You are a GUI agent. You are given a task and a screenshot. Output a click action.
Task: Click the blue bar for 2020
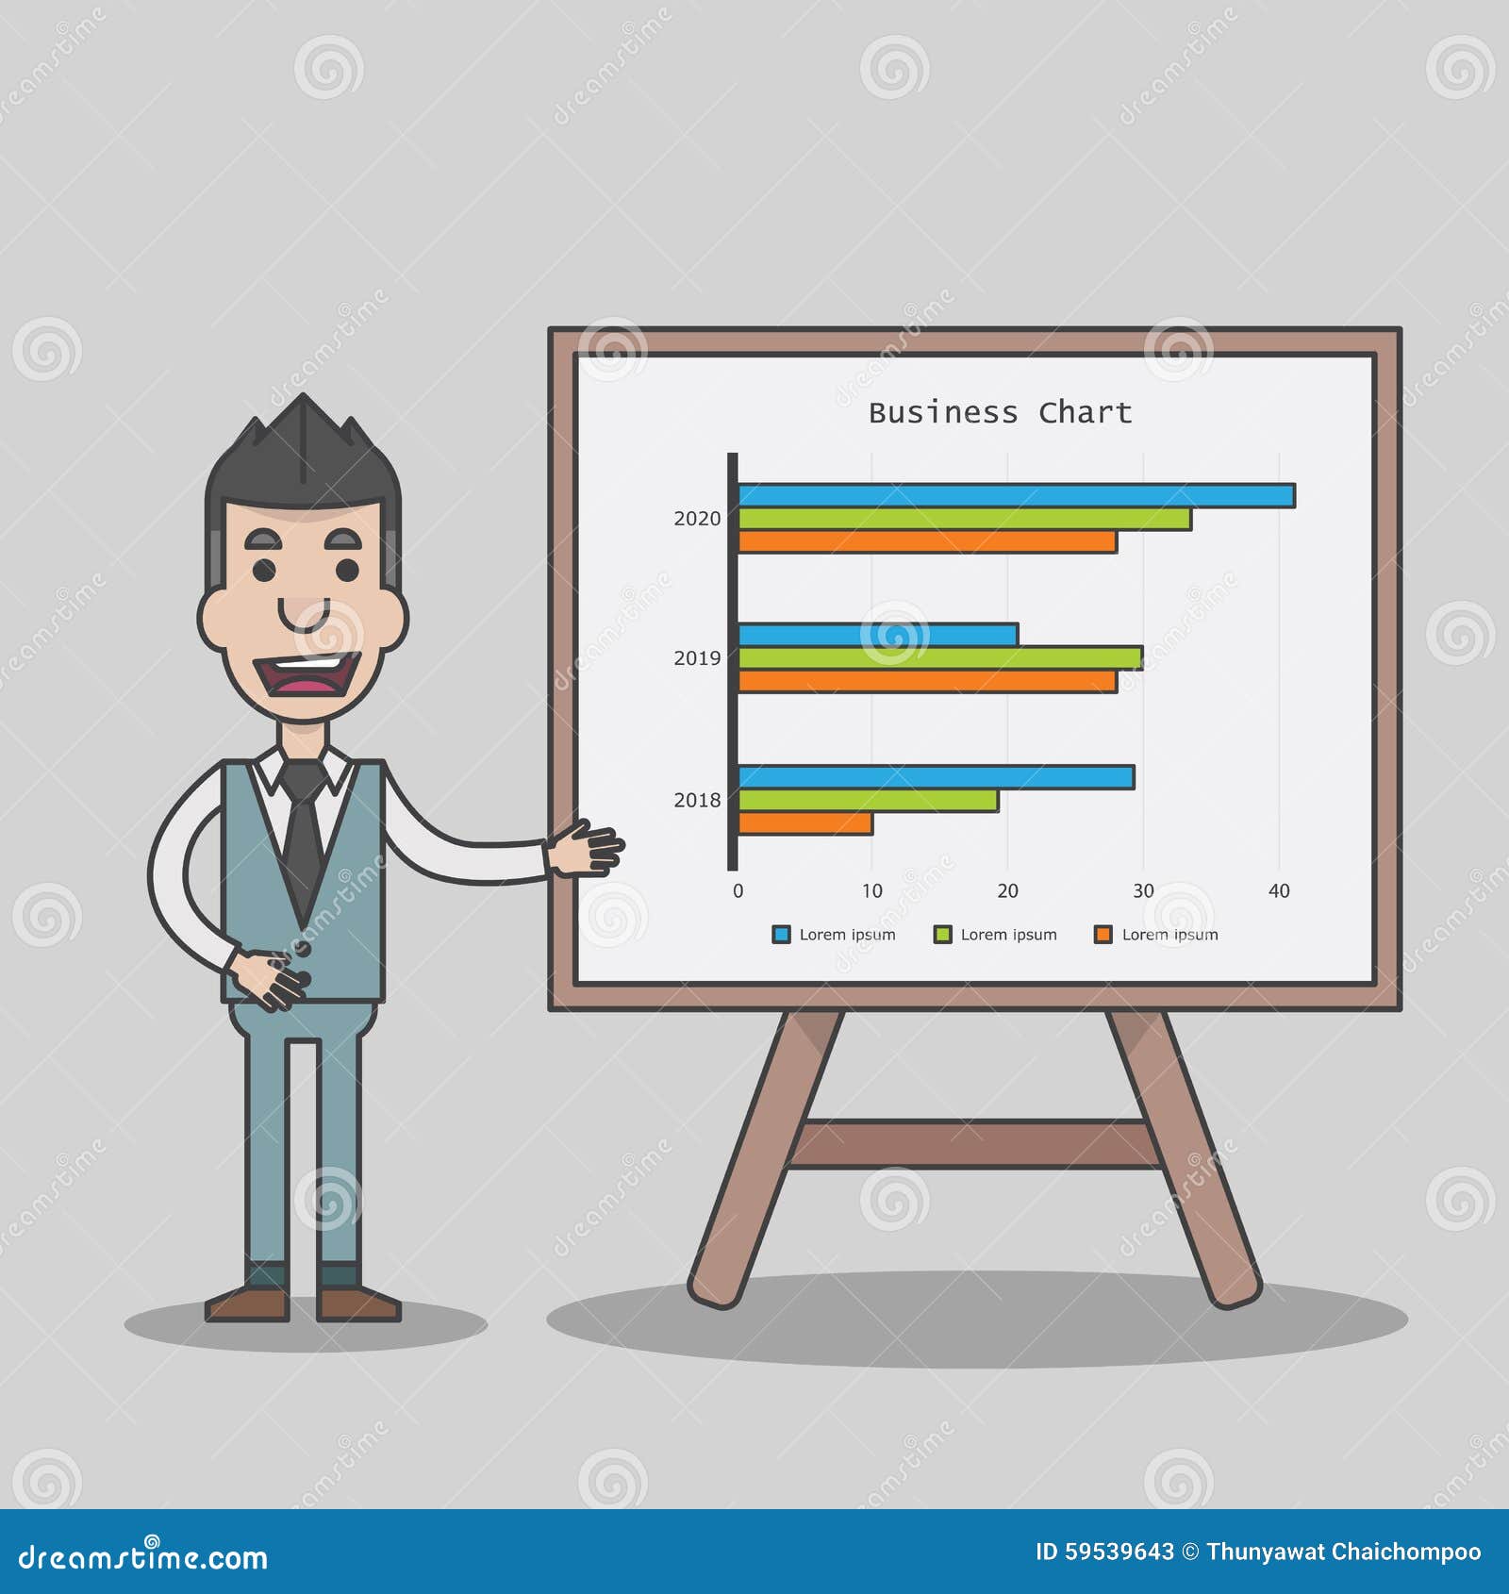pyautogui.click(x=1016, y=495)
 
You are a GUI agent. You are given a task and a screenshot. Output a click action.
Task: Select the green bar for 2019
pyautogui.click(x=939, y=657)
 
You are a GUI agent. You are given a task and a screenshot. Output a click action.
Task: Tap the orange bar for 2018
pyautogui.click(x=804, y=823)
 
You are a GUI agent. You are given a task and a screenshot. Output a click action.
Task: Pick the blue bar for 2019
pyautogui.click(x=877, y=635)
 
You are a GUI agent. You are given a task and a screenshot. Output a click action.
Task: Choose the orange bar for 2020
pyautogui.click(x=927, y=541)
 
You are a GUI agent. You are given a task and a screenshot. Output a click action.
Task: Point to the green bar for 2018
pyautogui.click(x=868, y=801)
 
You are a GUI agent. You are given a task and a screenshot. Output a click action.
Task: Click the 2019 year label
pyautogui.click(x=696, y=658)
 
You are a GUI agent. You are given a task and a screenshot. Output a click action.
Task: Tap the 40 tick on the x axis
pyautogui.click(x=1278, y=891)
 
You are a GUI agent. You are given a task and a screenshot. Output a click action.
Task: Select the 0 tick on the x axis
pyautogui.click(x=738, y=891)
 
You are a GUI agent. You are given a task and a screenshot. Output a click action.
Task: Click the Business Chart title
pyautogui.click(x=1000, y=413)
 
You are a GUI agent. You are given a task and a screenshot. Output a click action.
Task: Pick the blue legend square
pyautogui.click(x=781, y=935)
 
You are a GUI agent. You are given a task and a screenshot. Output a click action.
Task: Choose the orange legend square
pyautogui.click(x=1103, y=935)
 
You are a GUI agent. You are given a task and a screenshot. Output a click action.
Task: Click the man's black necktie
pyautogui.click(x=303, y=830)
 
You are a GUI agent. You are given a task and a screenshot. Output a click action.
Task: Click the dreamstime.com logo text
pyautogui.click(x=143, y=1557)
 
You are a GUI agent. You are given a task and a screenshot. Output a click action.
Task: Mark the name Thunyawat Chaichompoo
pyautogui.click(x=1343, y=1552)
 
